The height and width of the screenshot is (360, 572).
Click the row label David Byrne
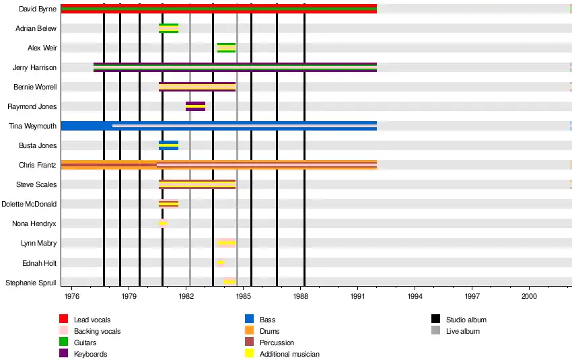pyautogui.click(x=38, y=9)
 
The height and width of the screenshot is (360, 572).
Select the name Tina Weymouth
pyautogui.click(x=32, y=126)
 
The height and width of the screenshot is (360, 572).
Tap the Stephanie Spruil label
pyautogui.click(x=31, y=283)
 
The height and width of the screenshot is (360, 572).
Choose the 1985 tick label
pyautogui.click(x=244, y=295)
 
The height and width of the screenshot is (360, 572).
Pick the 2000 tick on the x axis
pyautogui.click(x=529, y=295)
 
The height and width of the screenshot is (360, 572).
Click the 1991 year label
pyautogui.click(x=358, y=295)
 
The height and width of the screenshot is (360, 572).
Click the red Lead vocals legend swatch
pyautogui.click(x=64, y=320)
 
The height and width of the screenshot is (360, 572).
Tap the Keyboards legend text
pyautogui.click(x=91, y=354)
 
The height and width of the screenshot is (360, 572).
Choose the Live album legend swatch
pyautogui.click(x=435, y=331)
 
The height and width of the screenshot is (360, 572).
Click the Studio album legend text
pyautogui.click(x=466, y=320)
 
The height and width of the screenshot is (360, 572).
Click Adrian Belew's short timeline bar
pyautogui.click(x=168, y=28)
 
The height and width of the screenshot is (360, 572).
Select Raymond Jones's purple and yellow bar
pyautogui.click(x=195, y=106)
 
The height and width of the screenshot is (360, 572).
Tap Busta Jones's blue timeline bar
pyautogui.click(x=168, y=145)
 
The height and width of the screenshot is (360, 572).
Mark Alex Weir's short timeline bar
pyautogui.click(x=226, y=48)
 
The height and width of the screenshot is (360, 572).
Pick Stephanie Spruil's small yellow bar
pyautogui.click(x=229, y=282)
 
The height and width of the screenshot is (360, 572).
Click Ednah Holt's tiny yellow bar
pyautogui.click(x=221, y=262)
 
